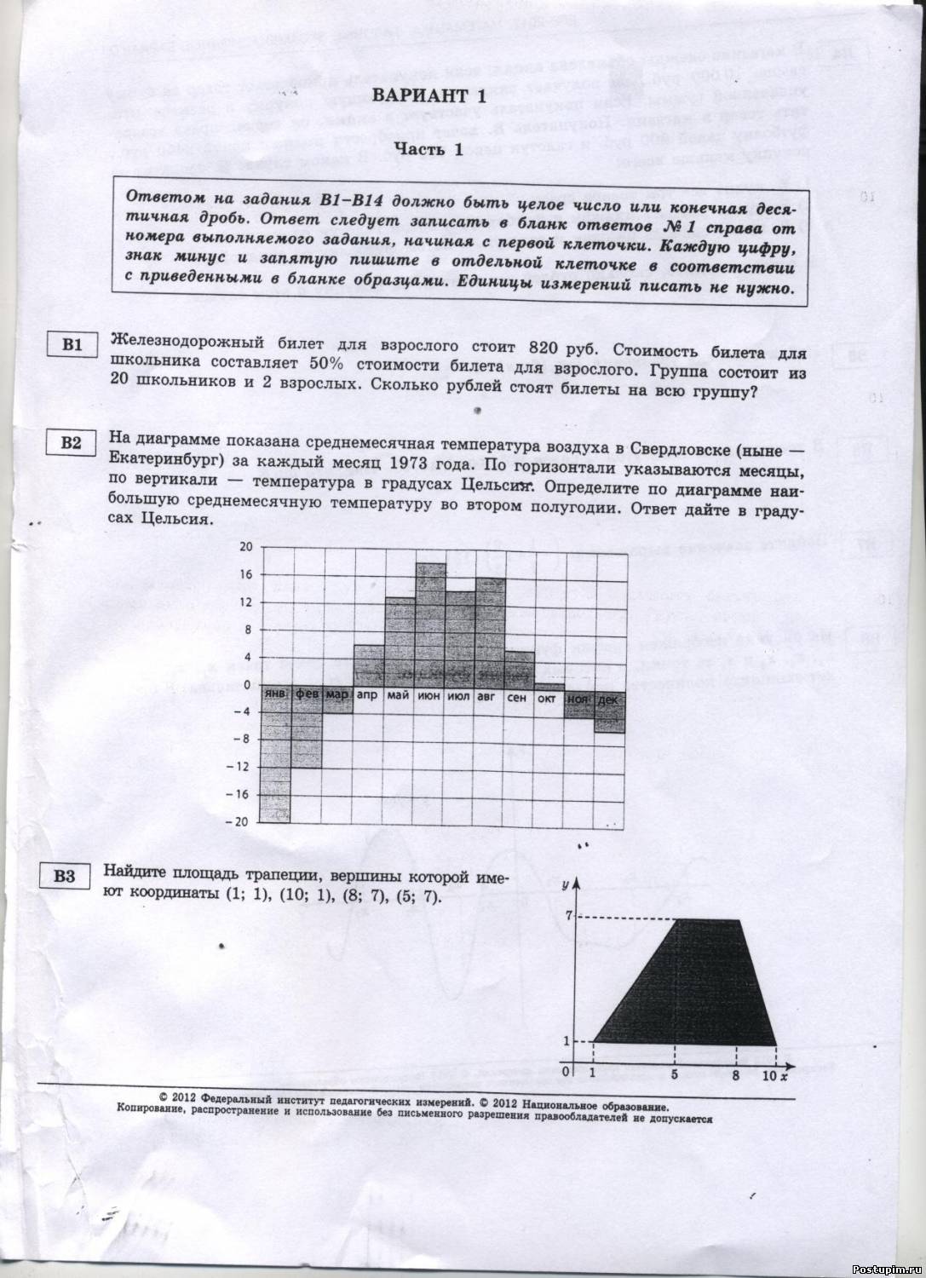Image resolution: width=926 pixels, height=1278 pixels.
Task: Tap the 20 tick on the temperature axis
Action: point(246,547)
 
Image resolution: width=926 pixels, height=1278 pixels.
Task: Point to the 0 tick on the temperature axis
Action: point(248,684)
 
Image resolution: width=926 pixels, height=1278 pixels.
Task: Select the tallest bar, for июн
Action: point(430,622)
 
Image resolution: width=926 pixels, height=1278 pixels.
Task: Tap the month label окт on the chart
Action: point(547,697)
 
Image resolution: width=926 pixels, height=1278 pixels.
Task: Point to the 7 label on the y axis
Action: point(569,915)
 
